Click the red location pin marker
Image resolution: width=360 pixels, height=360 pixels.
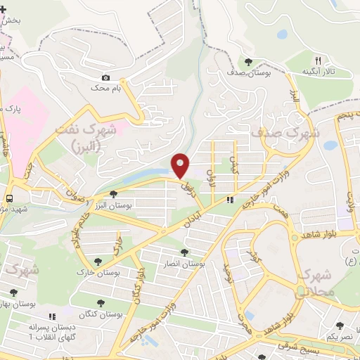click(x=181, y=165)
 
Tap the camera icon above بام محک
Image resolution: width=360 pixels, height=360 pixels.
click(x=106, y=77)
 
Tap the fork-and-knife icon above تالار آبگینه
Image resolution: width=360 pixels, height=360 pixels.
click(x=318, y=60)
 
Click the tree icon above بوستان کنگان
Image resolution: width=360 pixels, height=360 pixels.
click(x=99, y=303)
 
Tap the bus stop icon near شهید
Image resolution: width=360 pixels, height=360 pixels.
click(x=10, y=198)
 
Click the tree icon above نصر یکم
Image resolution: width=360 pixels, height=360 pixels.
click(x=340, y=326)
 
